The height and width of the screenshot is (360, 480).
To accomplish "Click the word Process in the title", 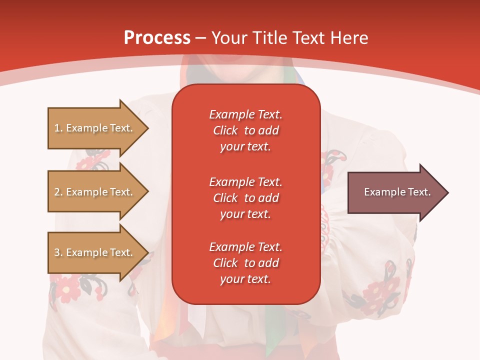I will (x=157, y=38).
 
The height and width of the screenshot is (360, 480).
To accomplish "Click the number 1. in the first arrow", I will (x=58, y=128).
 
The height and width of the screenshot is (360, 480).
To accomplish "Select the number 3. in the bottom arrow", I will (x=58, y=253).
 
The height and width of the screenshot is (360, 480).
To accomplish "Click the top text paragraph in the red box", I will (x=245, y=130).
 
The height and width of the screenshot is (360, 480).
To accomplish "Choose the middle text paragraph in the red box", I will (x=245, y=198).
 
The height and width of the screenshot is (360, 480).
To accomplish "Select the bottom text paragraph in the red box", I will (x=245, y=263).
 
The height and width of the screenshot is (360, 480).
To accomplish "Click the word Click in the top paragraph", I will (x=225, y=130).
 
